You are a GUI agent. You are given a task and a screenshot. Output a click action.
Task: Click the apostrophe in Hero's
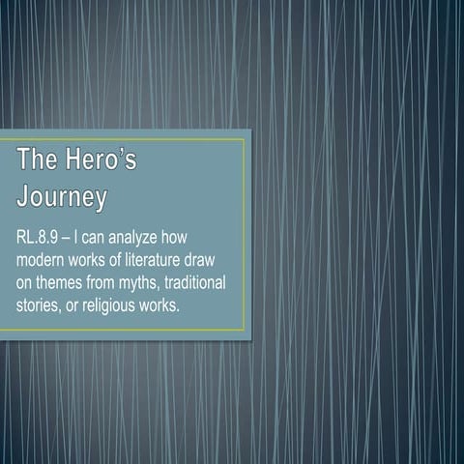121,153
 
